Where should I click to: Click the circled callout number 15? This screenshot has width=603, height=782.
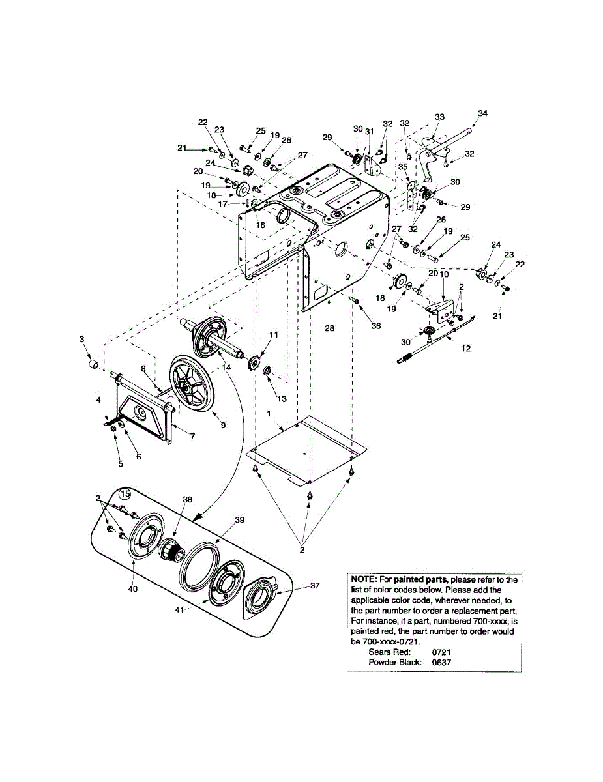tap(125, 493)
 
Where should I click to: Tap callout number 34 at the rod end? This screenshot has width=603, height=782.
tap(482, 113)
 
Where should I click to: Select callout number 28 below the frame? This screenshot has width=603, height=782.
tap(330, 328)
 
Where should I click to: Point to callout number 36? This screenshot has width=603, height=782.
tap(376, 326)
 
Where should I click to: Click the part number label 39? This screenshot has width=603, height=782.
tap(239, 519)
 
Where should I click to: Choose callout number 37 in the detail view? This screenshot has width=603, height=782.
tap(315, 585)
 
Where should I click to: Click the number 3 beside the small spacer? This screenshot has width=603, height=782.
tap(82, 339)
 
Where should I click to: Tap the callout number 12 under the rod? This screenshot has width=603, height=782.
tap(466, 349)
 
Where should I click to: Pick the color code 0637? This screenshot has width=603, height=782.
tap(441, 662)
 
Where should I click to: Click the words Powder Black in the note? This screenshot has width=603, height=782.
tap(395, 662)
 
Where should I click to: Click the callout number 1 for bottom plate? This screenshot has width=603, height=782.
tap(268, 414)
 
